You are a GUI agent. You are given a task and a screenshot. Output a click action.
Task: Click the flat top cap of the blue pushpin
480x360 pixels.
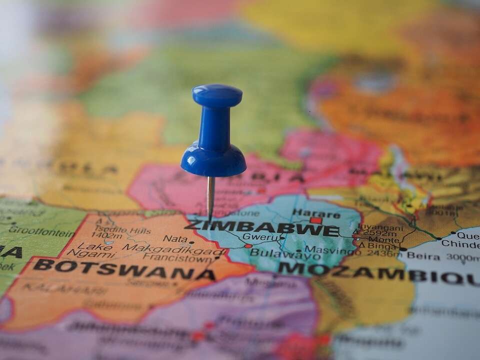(217, 94)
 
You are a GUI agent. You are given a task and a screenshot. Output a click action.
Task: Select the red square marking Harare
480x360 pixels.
(315, 220)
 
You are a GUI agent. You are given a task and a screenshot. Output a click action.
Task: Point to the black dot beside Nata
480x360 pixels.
(191, 242)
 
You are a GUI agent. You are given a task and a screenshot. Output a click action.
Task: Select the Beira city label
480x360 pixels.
(423, 255)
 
